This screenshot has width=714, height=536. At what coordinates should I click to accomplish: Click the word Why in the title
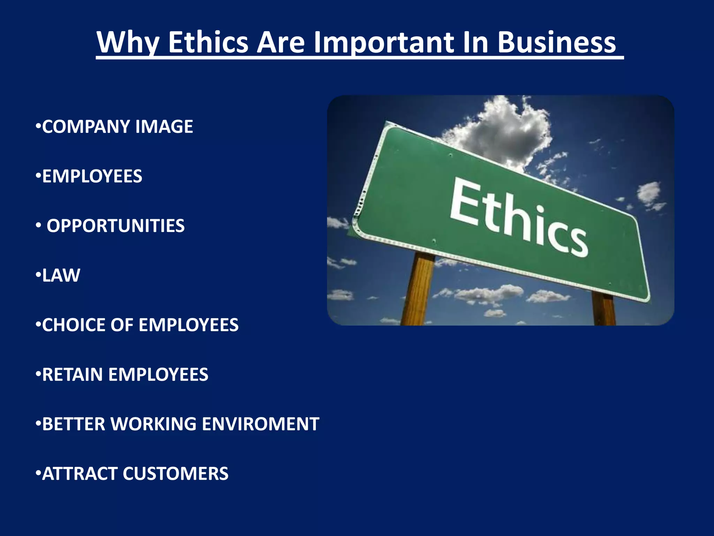coord(128,43)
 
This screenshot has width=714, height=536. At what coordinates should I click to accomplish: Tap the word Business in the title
coord(556,43)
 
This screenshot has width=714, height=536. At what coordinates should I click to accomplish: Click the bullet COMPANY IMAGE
coord(117,126)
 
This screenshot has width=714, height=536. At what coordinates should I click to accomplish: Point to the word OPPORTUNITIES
coord(115,226)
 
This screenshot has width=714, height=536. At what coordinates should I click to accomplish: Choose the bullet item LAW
coord(61,275)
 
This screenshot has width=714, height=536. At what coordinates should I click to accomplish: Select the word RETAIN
coord(72,374)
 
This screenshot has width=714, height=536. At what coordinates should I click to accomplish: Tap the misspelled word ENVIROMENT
coord(260,424)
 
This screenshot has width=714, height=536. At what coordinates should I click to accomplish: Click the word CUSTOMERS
coord(175,474)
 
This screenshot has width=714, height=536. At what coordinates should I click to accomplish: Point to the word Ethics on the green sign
coord(518,217)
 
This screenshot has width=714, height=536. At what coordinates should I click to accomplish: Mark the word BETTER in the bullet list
coord(74,424)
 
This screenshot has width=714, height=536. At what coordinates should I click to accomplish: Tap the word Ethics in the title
coord(208,43)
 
